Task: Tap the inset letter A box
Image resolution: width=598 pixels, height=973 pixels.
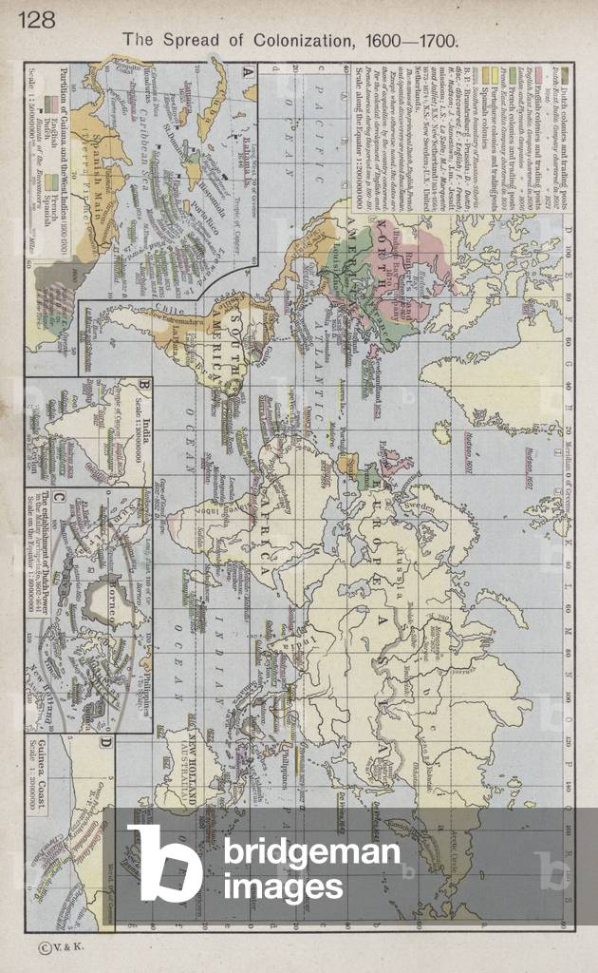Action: (248, 72)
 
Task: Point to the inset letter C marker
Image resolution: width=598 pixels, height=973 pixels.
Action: (58, 497)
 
